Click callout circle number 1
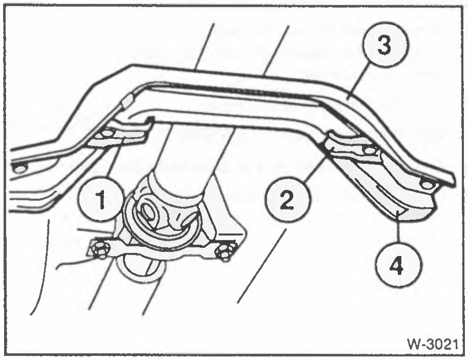point(102,199)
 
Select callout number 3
point(385,45)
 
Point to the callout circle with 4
point(398,265)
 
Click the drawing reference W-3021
point(433,345)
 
